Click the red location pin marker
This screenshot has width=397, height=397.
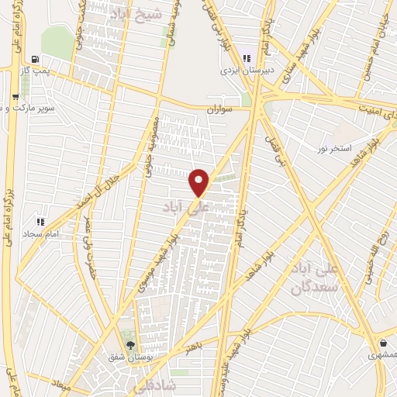tap(199, 181)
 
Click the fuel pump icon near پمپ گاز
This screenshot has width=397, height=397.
tap(35, 59)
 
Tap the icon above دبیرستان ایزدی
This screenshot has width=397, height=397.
tap(247, 57)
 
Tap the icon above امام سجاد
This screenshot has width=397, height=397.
tap(41, 221)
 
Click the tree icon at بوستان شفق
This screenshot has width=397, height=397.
tap(129, 345)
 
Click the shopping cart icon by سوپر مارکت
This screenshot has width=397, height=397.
tap(16, 98)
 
